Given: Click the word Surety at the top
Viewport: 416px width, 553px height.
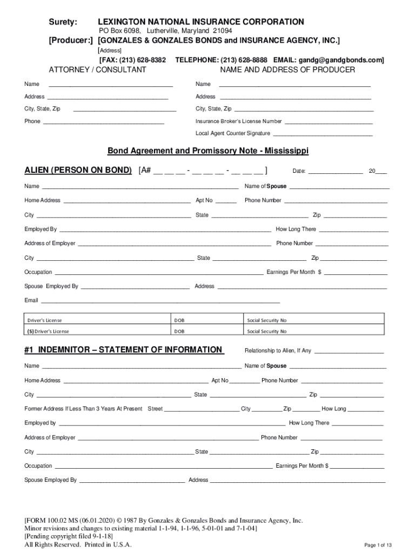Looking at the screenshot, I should pyautogui.click(x=63, y=22).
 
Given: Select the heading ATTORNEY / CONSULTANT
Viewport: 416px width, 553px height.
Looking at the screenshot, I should pyautogui.click(x=97, y=70).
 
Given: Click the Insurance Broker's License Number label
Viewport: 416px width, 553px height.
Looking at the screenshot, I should pyautogui.click(x=238, y=122).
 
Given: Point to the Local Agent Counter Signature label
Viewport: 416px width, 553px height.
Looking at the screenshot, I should pyautogui.click(x=233, y=133).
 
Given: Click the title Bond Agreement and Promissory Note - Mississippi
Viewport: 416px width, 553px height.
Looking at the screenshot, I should pyautogui.click(x=207, y=151).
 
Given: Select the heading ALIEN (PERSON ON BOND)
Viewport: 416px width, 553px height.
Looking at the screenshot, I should pyautogui.click(x=78, y=171).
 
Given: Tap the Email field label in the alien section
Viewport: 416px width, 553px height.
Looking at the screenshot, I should pyautogui.click(x=31, y=300).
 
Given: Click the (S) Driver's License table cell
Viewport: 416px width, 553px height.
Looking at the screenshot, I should pyautogui.click(x=48, y=331).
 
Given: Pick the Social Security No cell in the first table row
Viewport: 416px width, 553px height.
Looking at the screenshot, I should pyautogui.click(x=267, y=320).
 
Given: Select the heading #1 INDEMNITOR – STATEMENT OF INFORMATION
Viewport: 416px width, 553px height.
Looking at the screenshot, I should pyautogui.click(x=123, y=350).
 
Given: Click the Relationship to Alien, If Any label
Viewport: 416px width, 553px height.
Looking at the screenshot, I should pyautogui.click(x=278, y=350).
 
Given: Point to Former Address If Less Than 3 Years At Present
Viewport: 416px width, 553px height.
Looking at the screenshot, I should pyautogui.click(x=83, y=409).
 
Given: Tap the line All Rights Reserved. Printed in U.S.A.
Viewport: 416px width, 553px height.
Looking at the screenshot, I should pyautogui.click(x=78, y=544).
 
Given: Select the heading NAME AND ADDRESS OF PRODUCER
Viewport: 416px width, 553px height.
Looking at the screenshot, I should pyautogui.click(x=287, y=70).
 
